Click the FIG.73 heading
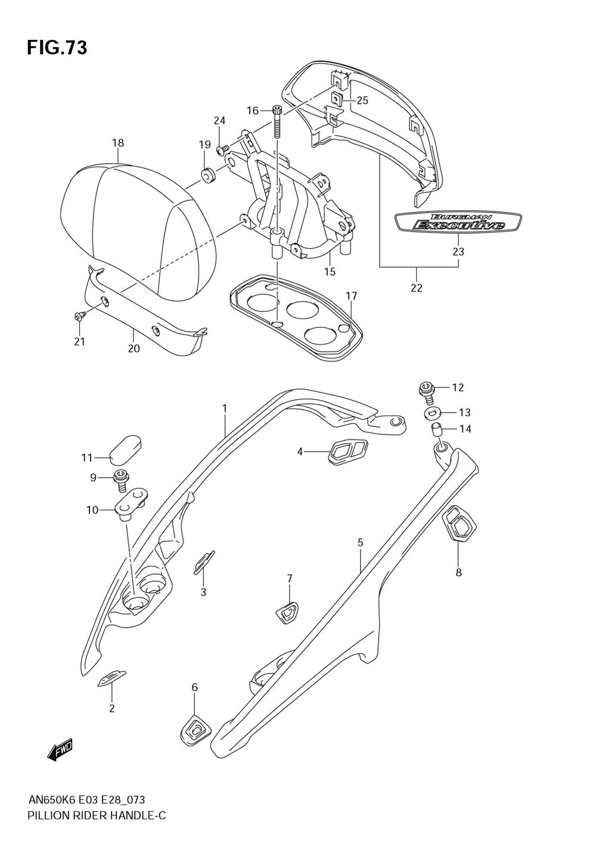(x=57, y=47)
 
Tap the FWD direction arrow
(x=60, y=749)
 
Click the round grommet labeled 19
(x=207, y=176)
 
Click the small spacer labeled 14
(x=436, y=429)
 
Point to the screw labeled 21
(x=79, y=318)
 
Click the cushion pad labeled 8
(x=459, y=524)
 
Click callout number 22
(x=416, y=288)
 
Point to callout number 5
(x=360, y=542)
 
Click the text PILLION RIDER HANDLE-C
(x=97, y=815)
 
